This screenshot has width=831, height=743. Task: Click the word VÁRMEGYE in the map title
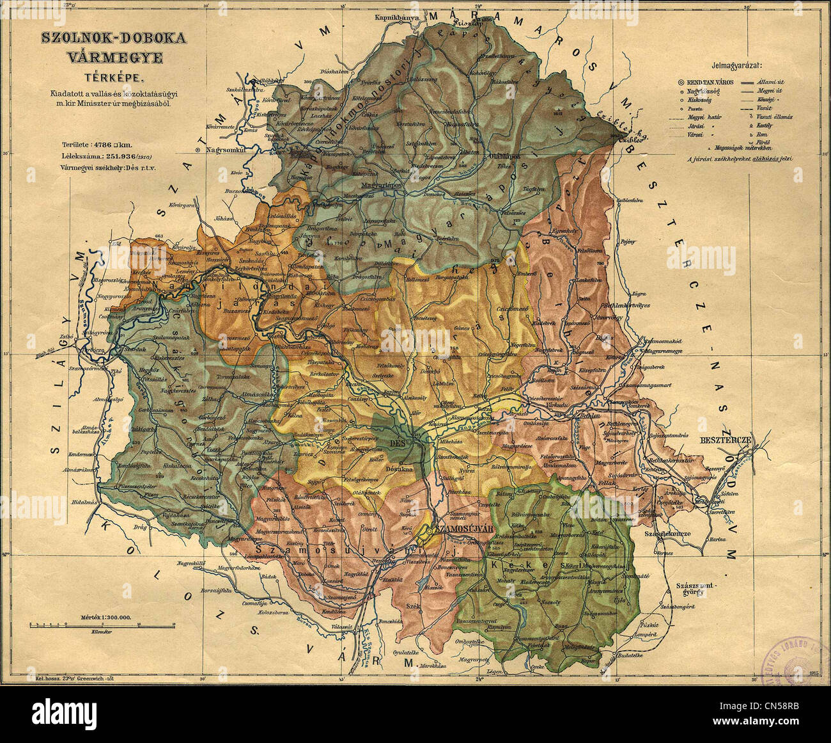(x=115, y=58)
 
